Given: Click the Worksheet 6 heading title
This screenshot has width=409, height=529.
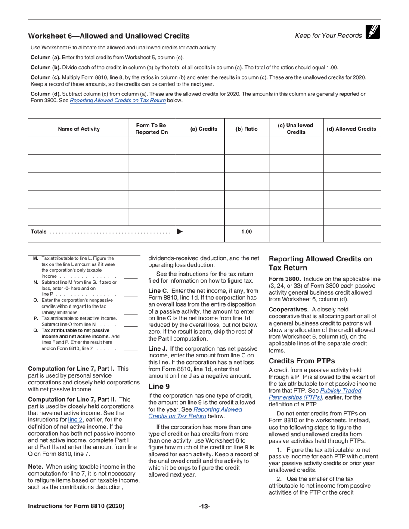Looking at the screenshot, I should click(108, 36).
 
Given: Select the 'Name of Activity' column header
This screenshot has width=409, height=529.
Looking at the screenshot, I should click(78, 129).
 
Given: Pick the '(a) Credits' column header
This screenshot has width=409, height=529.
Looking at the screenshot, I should click(204, 129).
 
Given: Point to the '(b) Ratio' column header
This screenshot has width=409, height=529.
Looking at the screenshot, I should click(247, 129).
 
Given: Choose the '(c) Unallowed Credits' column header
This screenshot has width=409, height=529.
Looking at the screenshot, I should click(296, 129).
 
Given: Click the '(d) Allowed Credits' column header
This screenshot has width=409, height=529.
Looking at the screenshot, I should click(351, 129).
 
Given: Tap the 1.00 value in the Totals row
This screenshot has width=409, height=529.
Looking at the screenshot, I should click(247, 232).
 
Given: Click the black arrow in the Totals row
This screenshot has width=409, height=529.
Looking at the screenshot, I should click(180, 232).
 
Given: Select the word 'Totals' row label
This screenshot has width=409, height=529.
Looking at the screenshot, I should click(38, 232).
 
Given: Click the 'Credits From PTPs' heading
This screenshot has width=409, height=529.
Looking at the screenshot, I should click(301, 361).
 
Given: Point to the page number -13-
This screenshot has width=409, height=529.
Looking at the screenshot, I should click(204, 507).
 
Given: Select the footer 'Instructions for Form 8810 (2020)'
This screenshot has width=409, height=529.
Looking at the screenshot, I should click(76, 507).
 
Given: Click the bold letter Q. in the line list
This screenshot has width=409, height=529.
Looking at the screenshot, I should click(36, 330).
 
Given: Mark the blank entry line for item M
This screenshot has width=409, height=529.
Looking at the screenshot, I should click(130, 278).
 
